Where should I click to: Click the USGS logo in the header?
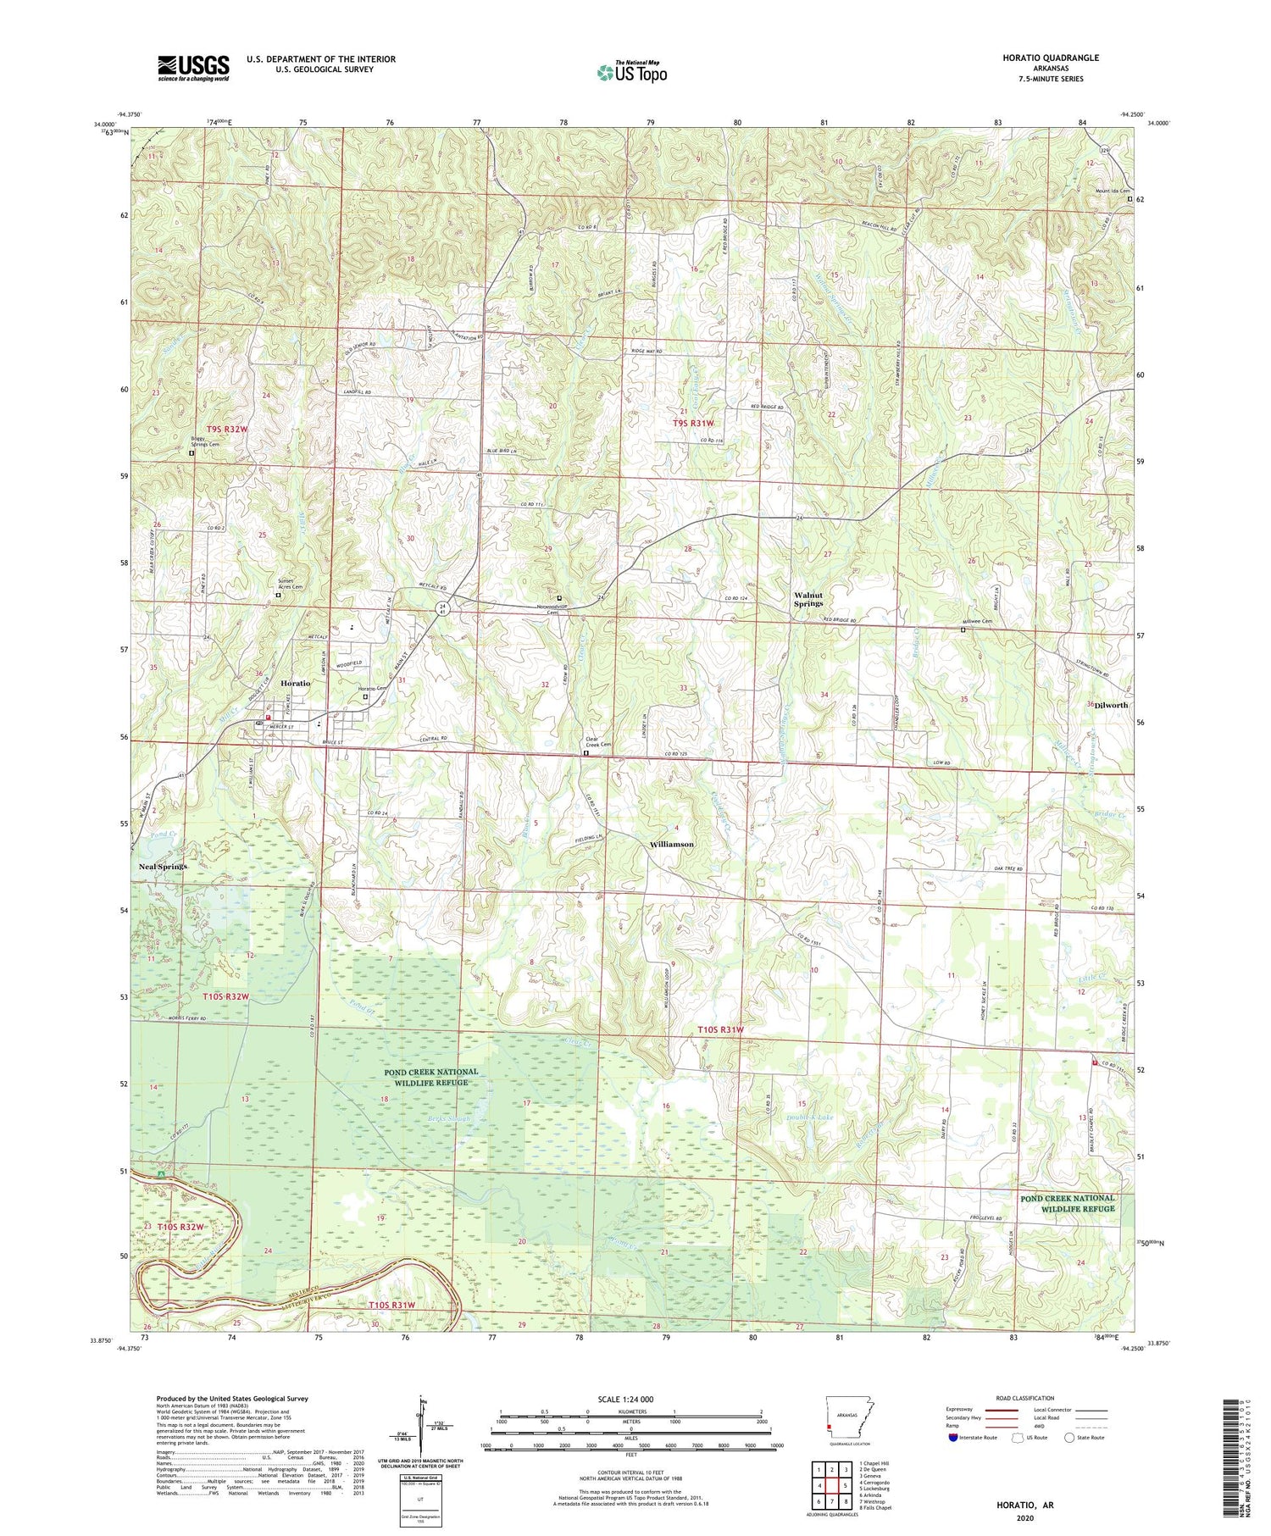(193, 68)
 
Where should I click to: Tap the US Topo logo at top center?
(631, 72)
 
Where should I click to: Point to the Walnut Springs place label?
(808, 599)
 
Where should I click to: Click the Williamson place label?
(671, 845)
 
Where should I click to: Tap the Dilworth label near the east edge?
(1110, 705)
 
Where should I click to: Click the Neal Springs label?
(163, 867)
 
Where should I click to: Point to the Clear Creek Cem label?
(599, 741)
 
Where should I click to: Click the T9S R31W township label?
(693, 423)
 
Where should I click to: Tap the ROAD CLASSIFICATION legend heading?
(1025, 1398)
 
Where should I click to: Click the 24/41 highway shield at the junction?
(442, 607)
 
